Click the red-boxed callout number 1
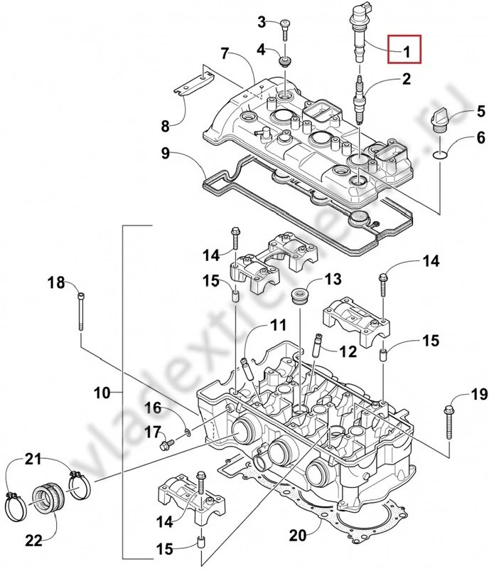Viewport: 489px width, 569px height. click(x=407, y=51)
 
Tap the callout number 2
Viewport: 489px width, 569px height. click(x=406, y=80)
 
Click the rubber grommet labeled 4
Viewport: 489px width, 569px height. click(x=284, y=58)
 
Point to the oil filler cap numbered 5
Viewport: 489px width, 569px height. click(x=439, y=118)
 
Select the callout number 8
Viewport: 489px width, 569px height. click(x=166, y=127)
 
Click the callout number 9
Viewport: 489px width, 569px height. click(x=166, y=151)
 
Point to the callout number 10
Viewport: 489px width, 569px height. click(x=102, y=392)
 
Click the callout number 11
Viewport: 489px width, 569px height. click(x=278, y=326)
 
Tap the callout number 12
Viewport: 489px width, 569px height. click(x=348, y=351)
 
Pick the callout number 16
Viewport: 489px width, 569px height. click(x=154, y=408)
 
